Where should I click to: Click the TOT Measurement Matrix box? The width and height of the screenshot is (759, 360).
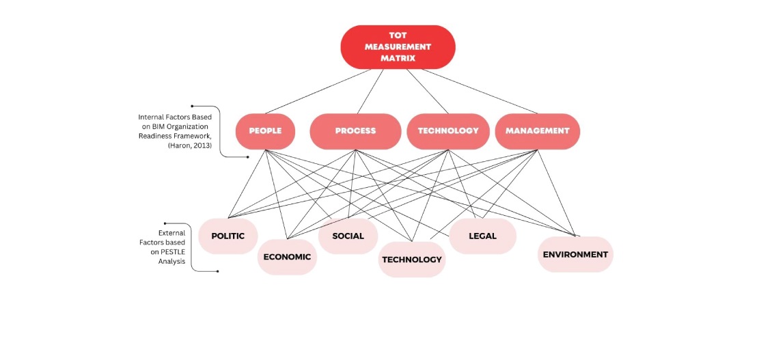point(398,47)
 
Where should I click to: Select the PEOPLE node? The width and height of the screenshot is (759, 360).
point(265,130)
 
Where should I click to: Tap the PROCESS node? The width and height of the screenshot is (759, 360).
point(355,130)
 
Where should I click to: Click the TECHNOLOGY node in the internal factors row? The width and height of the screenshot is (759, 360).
point(447,130)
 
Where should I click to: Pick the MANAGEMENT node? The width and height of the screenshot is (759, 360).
point(537,130)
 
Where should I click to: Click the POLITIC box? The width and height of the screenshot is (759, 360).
point(227,236)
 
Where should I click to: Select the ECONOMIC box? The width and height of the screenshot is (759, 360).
point(287,257)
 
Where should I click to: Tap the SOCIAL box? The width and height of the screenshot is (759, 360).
point(348,236)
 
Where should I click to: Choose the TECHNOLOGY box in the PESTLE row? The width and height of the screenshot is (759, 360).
point(412,260)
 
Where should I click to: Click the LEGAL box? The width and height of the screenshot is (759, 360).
point(482,236)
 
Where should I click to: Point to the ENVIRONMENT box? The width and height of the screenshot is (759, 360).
point(575,254)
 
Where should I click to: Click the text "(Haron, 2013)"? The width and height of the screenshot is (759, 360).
point(189,146)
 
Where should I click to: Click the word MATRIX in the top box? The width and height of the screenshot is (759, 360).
point(398,58)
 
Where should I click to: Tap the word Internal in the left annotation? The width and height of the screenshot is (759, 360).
point(150,117)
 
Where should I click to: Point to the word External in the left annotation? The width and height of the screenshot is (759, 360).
point(171,232)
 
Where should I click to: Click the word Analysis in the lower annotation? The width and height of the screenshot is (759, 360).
point(171,261)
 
